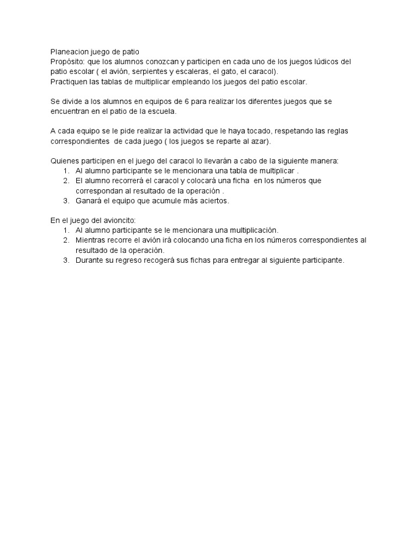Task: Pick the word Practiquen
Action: click(x=70, y=82)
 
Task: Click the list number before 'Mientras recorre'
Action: click(x=66, y=240)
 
